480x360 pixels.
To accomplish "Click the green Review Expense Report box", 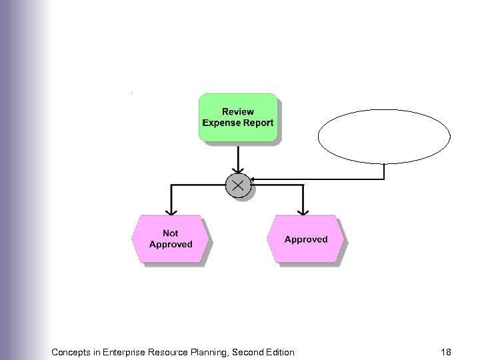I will point(238,117).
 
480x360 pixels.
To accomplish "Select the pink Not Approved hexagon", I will point(170,239).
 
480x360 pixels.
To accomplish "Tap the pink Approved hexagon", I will point(306,239).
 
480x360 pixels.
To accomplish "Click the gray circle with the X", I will point(238,185).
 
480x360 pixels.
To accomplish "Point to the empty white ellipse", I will point(384,136).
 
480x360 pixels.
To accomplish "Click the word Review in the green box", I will point(238,112).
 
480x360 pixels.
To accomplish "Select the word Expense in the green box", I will point(224,123).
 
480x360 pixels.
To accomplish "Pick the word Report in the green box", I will point(260,123).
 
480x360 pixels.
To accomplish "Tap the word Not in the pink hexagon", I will point(171,233).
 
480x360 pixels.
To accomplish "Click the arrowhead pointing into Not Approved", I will point(171,211).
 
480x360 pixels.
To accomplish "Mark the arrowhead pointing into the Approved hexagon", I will point(303,211).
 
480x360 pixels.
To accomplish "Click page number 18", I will point(446,351).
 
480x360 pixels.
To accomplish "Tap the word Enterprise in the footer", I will point(126,351).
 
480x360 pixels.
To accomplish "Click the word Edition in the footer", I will point(279,351).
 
